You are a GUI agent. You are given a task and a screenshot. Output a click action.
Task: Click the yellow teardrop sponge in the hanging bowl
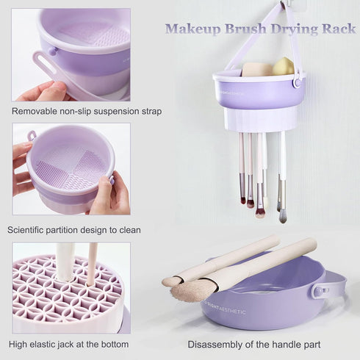click(283, 66)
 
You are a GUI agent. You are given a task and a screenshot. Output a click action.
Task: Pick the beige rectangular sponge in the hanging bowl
click(256, 69)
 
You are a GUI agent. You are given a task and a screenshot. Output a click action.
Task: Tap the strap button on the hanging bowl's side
click(297, 82)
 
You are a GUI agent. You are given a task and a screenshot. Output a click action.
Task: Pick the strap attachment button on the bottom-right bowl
click(320, 290)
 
